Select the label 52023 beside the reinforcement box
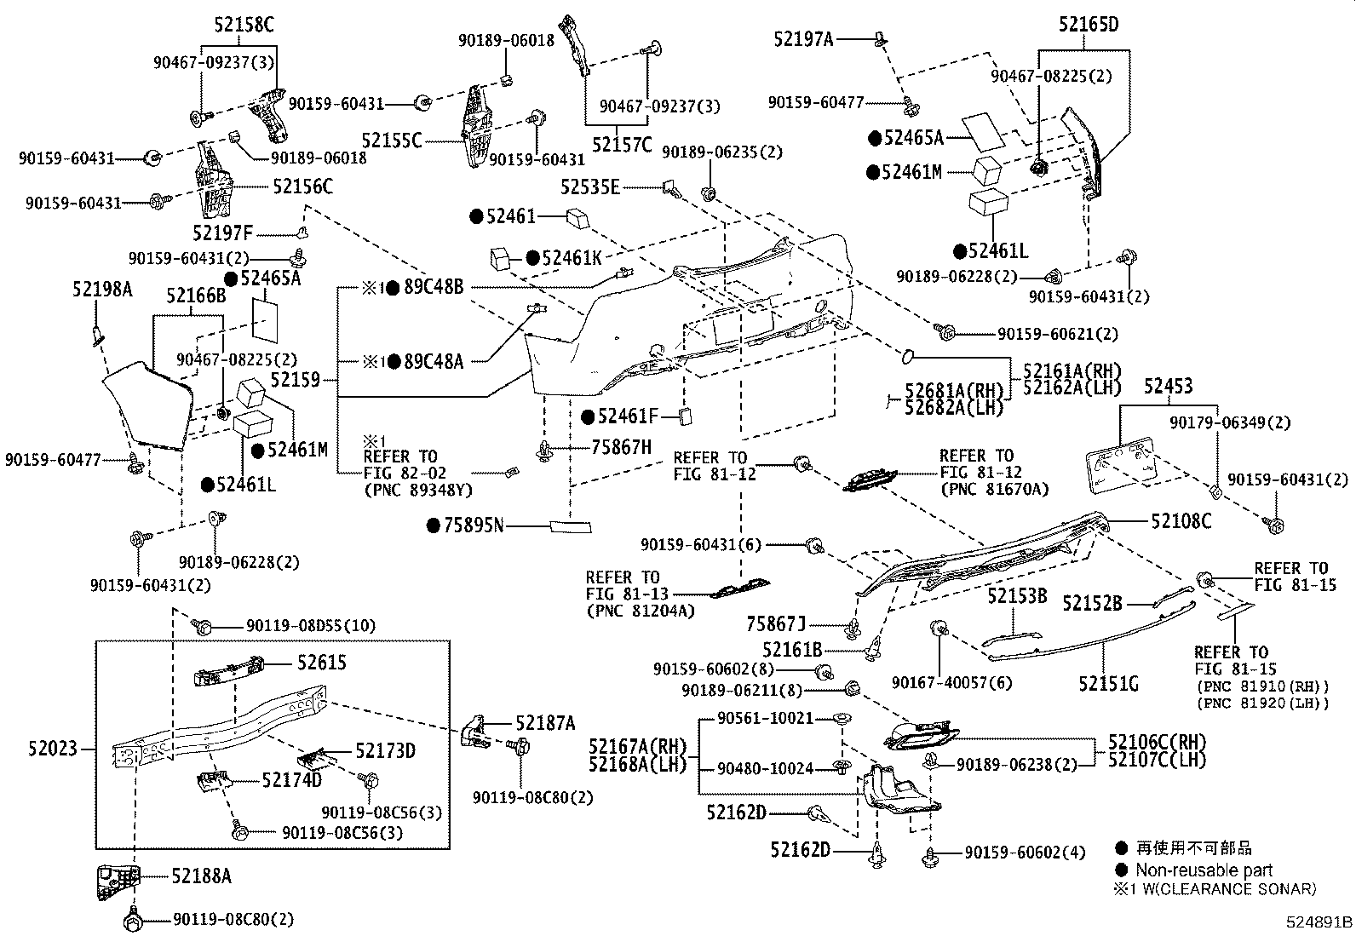click(52, 749)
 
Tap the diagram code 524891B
click(1319, 922)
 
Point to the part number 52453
click(1168, 388)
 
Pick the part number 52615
click(322, 662)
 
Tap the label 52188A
click(201, 875)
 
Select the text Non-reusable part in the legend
click(1204, 870)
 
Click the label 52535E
click(590, 187)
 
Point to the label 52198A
click(102, 290)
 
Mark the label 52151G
click(1108, 683)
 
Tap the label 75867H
click(622, 447)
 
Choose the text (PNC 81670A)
click(994, 489)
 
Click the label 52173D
click(385, 750)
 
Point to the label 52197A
click(803, 38)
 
